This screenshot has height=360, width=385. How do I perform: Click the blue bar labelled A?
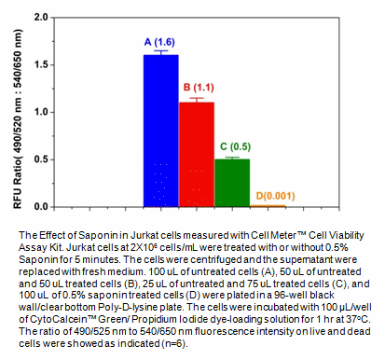[160, 131]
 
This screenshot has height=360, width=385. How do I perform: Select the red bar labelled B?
[196, 154]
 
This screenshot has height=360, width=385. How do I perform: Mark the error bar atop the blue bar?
[160, 53]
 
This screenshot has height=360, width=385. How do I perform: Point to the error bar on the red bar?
[196, 99]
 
